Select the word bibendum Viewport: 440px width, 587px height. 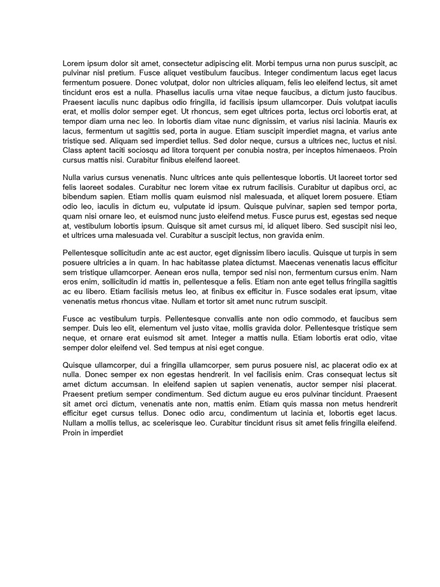(80, 196)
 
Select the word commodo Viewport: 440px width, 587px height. (317, 319)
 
